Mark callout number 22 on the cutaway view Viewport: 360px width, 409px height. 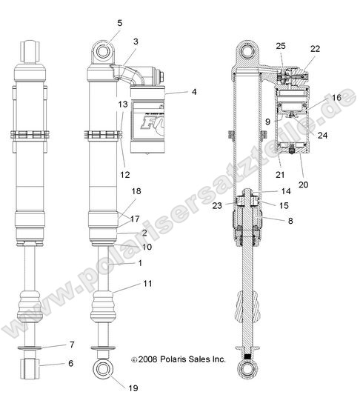tap(315, 49)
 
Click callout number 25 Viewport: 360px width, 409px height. tap(280, 46)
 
